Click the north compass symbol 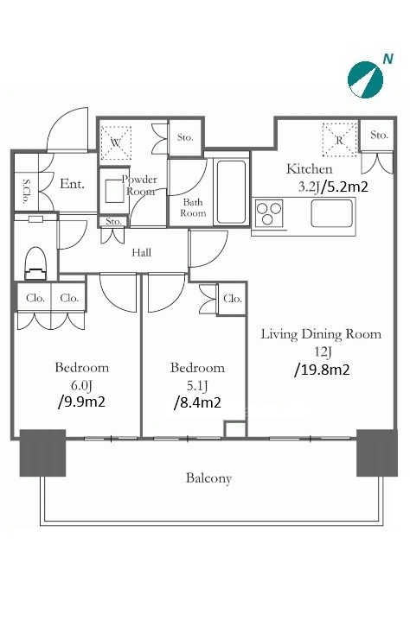click(365, 79)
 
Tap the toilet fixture click(35, 263)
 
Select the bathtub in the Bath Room click(231, 193)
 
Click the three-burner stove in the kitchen click(269, 212)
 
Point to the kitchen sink click(331, 213)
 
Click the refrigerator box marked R click(339, 140)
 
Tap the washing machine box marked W click(115, 142)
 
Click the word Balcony click(208, 478)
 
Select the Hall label click(141, 252)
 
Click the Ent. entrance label click(72, 184)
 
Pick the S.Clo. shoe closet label click(26, 192)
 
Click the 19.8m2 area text click(322, 370)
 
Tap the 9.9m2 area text click(81, 402)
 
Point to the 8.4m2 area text click(197, 402)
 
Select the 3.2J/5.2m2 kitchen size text click(333, 187)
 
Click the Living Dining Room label click(321, 334)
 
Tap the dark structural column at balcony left click(42, 452)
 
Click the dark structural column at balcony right click(377, 452)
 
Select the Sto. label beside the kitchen click(379, 135)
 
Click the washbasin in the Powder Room click(114, 191)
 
